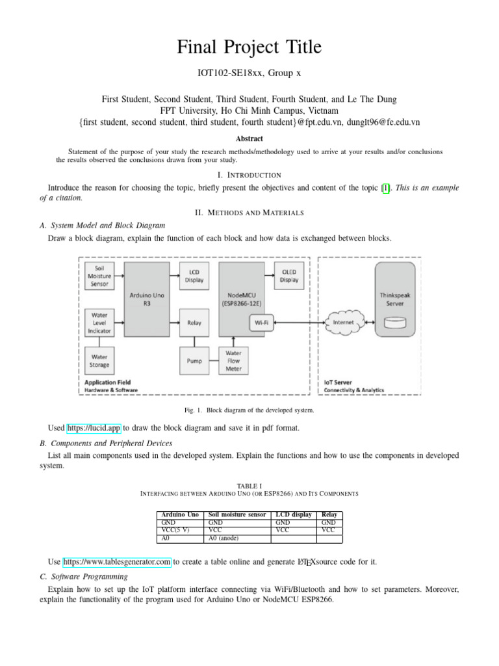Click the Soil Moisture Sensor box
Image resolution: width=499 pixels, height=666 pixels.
click(x=99, y=276)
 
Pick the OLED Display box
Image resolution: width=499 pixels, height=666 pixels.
click(x=289, y=276)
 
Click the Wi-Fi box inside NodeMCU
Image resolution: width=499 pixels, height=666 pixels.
click(x=262, y=322)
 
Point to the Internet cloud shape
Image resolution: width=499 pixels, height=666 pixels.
click(x=343, y=322)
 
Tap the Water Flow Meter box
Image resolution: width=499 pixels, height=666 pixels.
click(x=233, y=360)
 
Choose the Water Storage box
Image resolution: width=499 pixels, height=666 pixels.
click(x=99, y=360)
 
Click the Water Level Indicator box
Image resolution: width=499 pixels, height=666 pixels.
click(x=99, y=322)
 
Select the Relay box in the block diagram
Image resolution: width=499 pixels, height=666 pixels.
click(x=194, y=322)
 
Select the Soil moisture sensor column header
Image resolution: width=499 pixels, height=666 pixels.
click(x=237, y=514)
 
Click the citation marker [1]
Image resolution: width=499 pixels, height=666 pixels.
click(x=387, y=188)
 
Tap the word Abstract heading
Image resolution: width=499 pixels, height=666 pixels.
click(x=249, y=139)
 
